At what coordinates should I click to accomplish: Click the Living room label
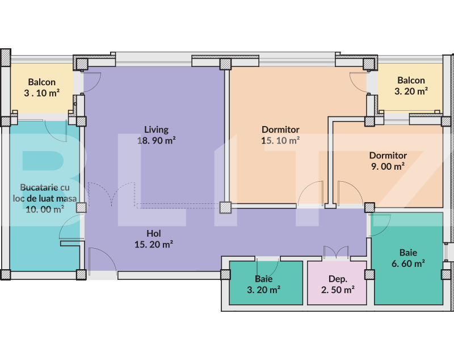(156, 129)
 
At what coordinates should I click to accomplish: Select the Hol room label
(154, 233)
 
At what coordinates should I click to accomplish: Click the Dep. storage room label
(338, 279)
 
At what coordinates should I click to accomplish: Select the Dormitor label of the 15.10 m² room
(280, 129)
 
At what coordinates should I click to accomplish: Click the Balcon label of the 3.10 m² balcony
(42, 82)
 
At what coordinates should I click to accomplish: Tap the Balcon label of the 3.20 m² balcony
(411, 80)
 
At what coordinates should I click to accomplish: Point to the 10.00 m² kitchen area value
(45, 208)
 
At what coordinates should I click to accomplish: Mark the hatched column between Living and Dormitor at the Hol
(226, 208)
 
